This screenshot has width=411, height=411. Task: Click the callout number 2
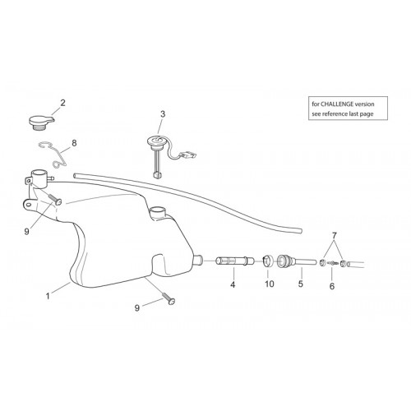(x=62, y=103)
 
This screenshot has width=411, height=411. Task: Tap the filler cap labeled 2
(x=41, y=122)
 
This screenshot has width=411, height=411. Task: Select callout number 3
(x=163, y=114)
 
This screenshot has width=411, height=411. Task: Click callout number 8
(x=74, y=143)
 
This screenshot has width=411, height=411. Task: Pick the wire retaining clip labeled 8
(x=53, y=154)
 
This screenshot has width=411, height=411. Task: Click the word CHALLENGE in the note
(x=337, y=104)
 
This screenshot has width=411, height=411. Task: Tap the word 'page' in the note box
(x=367, y=114)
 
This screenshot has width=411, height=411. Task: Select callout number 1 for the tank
(x=48, y=296)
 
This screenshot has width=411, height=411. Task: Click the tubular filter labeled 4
(x=235, y=261)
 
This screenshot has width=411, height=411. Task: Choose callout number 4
(x=233, y=284)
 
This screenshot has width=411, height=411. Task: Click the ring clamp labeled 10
(x=268, y=261)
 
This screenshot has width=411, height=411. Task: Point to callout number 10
(x=270, y=284)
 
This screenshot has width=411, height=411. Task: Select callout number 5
(x=301, y=284)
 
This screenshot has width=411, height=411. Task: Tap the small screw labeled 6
(x=332, y=263)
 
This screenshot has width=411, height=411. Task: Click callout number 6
(x=332, y=286)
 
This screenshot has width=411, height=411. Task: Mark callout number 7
(x=334, y=235)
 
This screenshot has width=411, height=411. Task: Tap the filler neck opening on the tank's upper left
(x=39, y=173)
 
